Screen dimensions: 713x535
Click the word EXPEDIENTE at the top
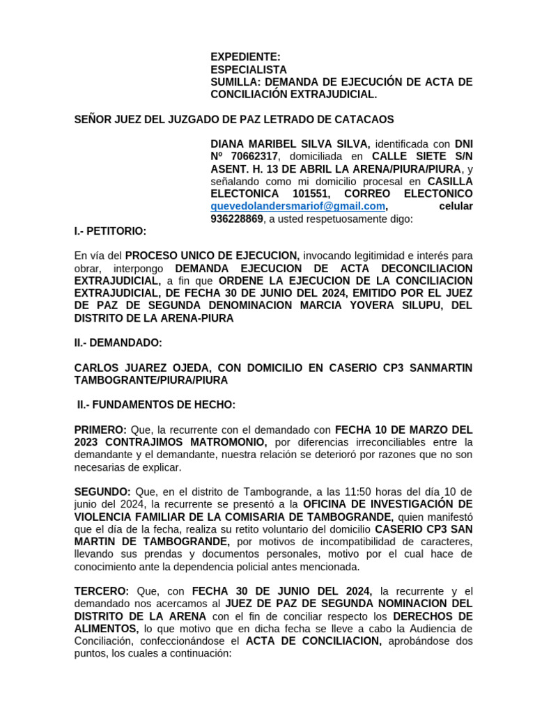click(245, 57)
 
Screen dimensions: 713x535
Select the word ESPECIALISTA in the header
click(248, 70)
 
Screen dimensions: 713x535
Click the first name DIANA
click(228, 143)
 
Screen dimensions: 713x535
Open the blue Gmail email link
click(297, 207)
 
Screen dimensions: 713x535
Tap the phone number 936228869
click(237, 219)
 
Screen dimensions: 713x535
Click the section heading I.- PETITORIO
click(111, 231)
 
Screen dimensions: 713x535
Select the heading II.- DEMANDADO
click(118, 343)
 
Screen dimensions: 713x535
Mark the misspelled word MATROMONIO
click(225, 442)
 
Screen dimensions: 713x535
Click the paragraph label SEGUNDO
click(102, 492)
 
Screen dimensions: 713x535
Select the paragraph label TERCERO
click(102, 591)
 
